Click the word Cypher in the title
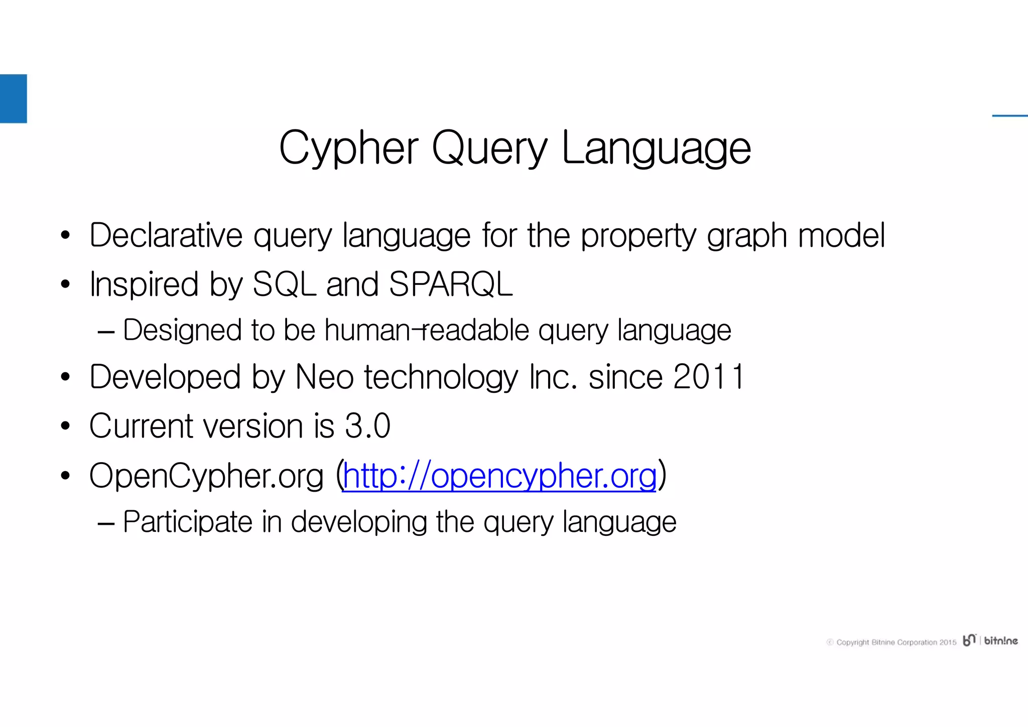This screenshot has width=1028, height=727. [x=348, y=148]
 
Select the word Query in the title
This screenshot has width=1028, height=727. [x=489, y=148]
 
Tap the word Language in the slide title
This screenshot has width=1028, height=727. [x=656, y=148]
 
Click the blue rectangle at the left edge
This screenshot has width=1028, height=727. [x=13, y=98]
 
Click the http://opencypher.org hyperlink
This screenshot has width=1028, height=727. [x=499, y=476]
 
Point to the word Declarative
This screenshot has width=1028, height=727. [x=166, y=235]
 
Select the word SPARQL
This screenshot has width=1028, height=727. [x=451, y=284]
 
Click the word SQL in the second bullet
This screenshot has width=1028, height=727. [x=284, y=284]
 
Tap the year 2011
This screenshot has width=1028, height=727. [x=709, y=377]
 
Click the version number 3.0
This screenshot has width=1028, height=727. [x=367, y=426]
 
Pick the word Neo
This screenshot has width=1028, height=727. [x=324, y=377]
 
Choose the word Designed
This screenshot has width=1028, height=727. [x=182, y=330]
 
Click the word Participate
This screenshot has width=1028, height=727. [x=188, y=522]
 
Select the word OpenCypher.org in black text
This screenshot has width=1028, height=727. [x=206, y=476]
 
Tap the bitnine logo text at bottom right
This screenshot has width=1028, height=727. [x=1000, y=641]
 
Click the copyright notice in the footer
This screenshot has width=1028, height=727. [x=891, y=642]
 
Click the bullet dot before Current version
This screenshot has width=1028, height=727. [x=65, y=426]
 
